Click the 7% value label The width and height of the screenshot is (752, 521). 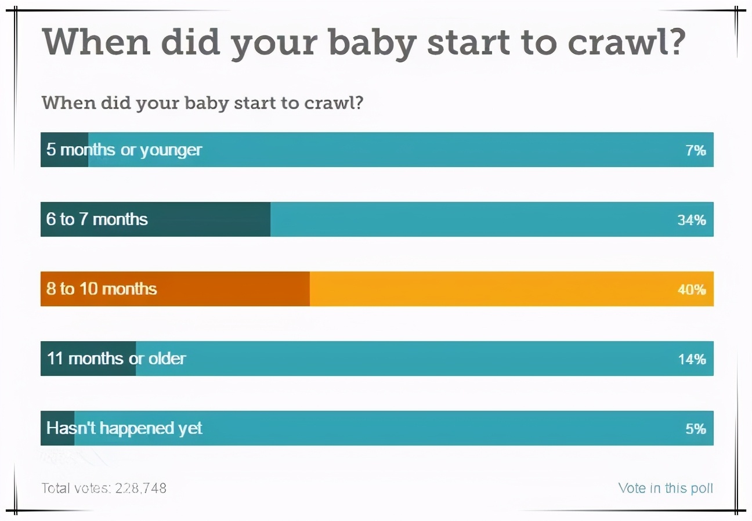[696, 150]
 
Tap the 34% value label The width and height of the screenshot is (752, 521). [692, 220]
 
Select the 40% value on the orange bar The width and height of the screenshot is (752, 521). [692, 290]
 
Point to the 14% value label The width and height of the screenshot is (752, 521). [692, 359]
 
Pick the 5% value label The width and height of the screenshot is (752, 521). [696, 429]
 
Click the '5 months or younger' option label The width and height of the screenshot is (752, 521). [124, 150]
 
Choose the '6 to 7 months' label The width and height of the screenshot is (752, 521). [97, 219]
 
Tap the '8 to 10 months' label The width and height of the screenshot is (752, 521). [102, 289]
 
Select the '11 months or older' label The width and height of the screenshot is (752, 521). [116, 359]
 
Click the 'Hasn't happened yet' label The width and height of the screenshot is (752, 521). [124, 428]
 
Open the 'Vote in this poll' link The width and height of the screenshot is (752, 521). [666, 488]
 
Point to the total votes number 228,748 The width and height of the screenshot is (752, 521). [140, 488]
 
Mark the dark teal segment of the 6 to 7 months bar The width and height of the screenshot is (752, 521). [209, 219]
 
